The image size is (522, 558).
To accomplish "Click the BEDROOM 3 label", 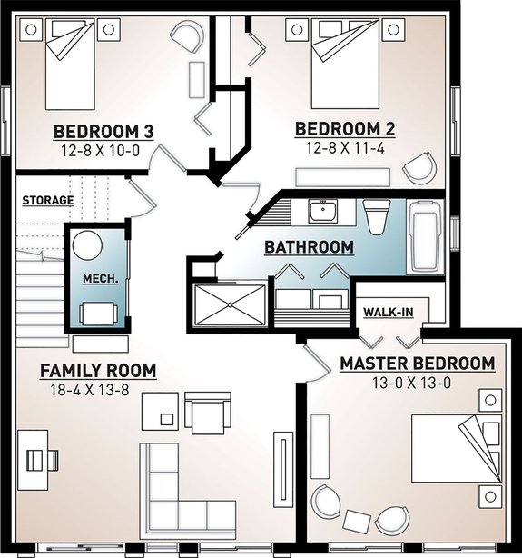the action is (103, 132).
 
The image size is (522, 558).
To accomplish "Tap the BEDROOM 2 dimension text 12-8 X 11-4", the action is (345, 148).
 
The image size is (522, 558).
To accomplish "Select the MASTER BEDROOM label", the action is (418, 364).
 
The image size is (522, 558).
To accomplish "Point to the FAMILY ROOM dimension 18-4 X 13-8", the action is (90, 391).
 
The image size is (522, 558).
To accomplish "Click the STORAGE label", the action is (48, 200).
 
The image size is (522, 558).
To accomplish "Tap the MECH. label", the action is (101, 279).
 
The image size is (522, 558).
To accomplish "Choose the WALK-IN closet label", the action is (389, 313).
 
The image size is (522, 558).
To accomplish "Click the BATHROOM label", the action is (310, 247).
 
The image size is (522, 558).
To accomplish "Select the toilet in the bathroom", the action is (377, 217).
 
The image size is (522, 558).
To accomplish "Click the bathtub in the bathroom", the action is (425, 237).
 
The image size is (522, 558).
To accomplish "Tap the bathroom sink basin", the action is (323, 212).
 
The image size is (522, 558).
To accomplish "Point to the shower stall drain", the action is (230, 304).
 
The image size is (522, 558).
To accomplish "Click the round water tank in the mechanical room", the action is (87, 245).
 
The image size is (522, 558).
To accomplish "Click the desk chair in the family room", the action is (43, 460).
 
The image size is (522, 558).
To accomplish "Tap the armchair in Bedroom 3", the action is (187, 36).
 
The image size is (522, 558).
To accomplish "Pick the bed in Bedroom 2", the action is (344, 64).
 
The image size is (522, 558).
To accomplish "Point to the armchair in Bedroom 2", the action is (420, 168).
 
